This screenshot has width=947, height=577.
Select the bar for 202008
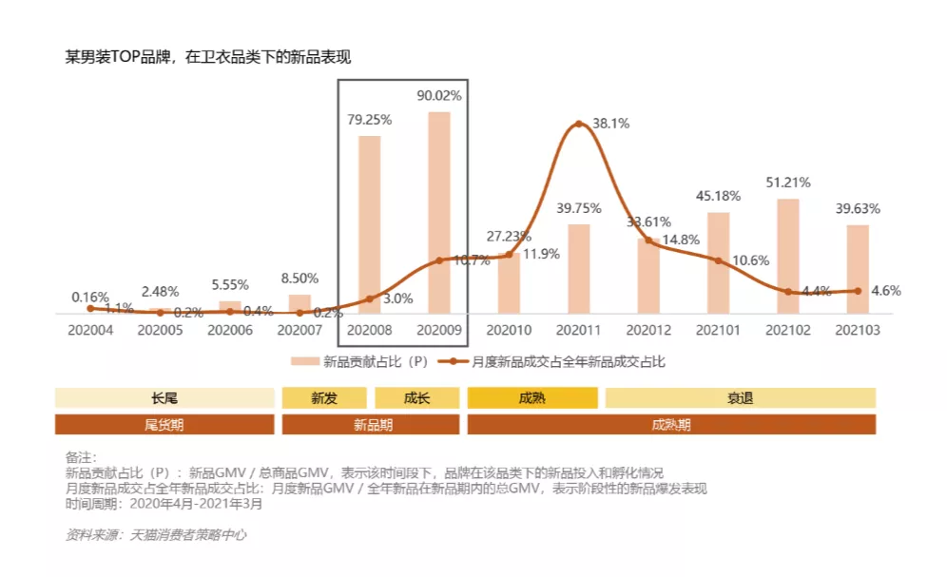pyautogui.click(x=369, y=224)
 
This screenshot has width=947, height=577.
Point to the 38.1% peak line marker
pyautogui.click(x=579, y=124)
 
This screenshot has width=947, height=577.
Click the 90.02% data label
pyautogui.click(x=439, y=96)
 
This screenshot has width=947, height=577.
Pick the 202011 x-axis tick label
pyautogui.click(x=579, y=330)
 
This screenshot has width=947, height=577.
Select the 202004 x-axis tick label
pyautogui.click(x=89, y=330)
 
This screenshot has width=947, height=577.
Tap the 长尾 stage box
pyautogui.click(x=164, y=398)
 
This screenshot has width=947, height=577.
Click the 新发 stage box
pyautogui.click(x=324, y=398)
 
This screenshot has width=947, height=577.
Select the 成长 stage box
pyautogui.click(x=416, y=398)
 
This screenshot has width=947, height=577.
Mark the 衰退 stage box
pyautogui.click(x=740, y=398)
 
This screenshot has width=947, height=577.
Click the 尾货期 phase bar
pyautogui.click(x=164, y=425)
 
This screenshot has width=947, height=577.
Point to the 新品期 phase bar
pyautogui.click(x=371, y=425)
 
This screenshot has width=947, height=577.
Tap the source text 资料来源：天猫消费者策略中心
pyautogui.click(x=156, y=535)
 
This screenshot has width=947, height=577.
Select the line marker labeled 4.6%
pyautogui.click(x=858, y=291)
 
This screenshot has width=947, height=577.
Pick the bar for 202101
pyautogui.click(x=718, y=262)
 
